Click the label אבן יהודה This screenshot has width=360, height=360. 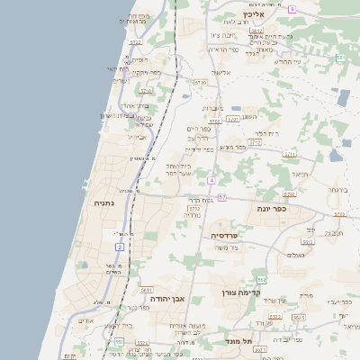point(167,298)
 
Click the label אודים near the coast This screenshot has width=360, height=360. point(86,320)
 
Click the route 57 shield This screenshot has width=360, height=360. point(221,197)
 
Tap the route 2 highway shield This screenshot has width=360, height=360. point(119,246)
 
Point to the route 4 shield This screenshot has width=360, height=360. point(211,181)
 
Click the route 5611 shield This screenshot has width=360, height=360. point(147,290)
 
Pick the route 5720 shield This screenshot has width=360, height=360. point(200,82)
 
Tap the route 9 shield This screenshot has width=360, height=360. point(292,8)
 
